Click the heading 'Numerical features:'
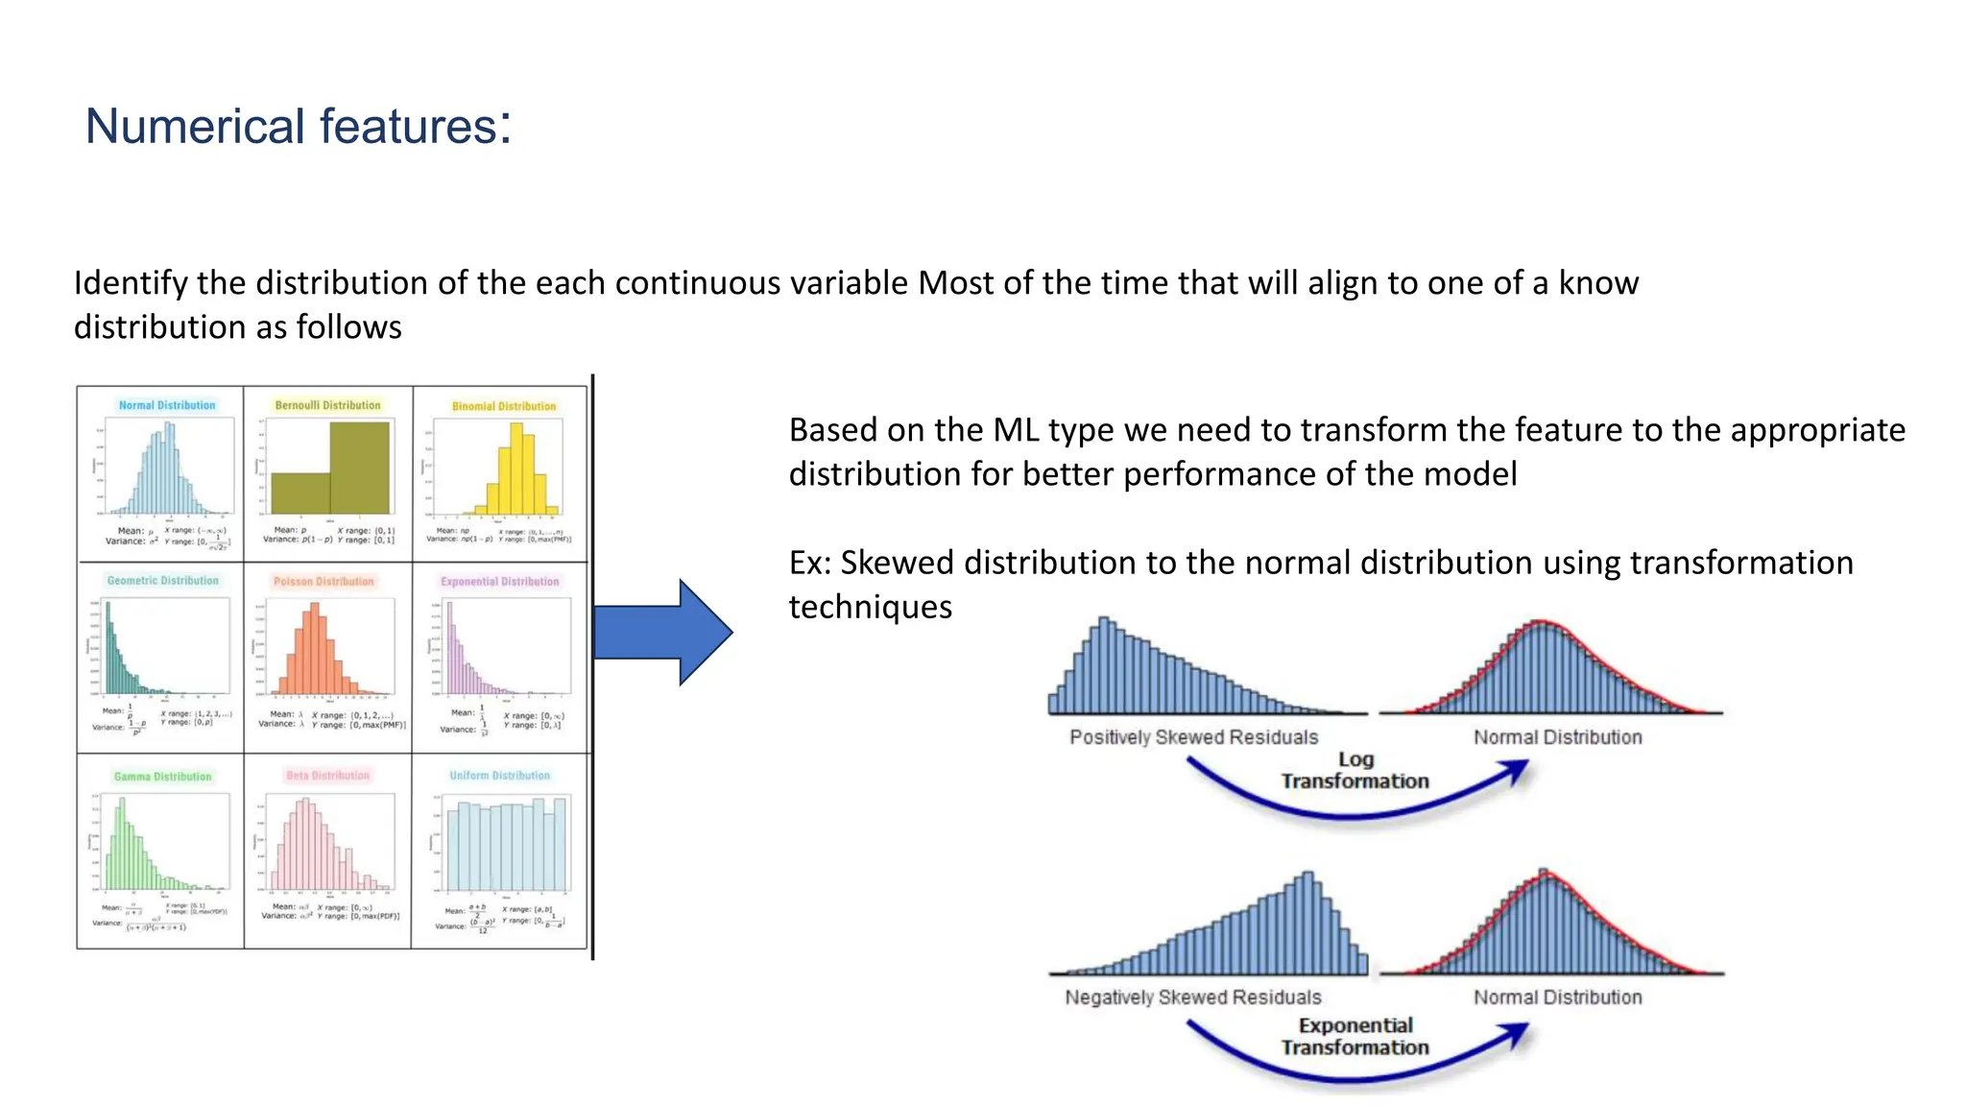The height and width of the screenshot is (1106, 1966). [298, 127]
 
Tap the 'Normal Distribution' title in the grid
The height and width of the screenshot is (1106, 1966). [167, 405]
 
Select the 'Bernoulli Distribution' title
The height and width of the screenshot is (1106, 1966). [327, 405]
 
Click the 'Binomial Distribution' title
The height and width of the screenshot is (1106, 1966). [504, 406]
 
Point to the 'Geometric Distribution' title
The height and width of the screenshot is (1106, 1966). [162, 581]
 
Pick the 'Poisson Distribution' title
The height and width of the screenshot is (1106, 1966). [324, 582]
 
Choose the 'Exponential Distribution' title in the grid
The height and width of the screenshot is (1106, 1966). [499, 582]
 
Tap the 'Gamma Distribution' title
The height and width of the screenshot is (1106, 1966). [162, 777]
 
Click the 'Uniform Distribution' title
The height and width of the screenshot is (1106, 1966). [499, 776]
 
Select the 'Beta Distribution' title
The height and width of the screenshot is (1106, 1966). [327, 776]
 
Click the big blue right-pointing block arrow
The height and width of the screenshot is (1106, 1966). [662, 632]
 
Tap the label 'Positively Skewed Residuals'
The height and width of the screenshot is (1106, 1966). [1193, 737]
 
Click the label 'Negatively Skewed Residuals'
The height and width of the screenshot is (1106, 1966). [1192, 998]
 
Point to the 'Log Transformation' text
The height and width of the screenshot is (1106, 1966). [1355, 770]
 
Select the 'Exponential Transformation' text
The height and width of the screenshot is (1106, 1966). [1355, 1037]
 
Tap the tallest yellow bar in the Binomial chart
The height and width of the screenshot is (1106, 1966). [517, 470]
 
